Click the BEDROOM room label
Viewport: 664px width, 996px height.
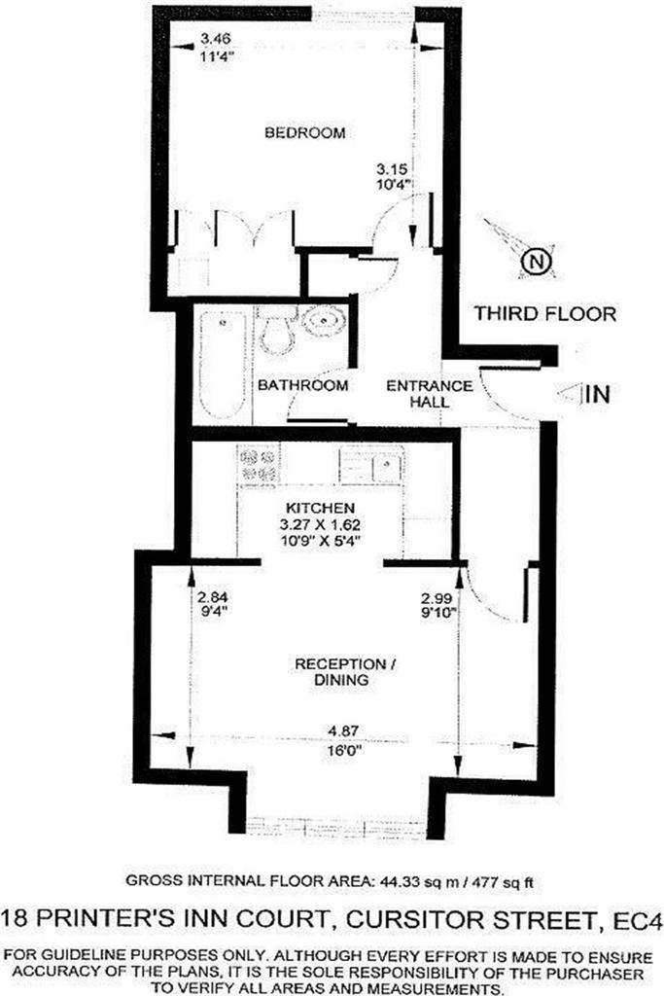click(304, 132)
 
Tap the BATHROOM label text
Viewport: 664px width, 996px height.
click(302, 385)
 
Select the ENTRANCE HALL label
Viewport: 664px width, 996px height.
click(430, 394)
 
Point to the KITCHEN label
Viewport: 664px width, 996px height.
click(320, 508)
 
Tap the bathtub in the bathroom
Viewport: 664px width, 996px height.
click(223, 364)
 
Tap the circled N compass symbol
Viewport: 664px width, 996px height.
click(537, 261)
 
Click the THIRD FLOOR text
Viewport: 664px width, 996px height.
click(545, 314)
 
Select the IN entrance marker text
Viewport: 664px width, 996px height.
click(598, 395)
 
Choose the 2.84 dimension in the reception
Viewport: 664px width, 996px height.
click(212, 598)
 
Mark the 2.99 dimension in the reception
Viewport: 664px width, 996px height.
click(437, 598)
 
